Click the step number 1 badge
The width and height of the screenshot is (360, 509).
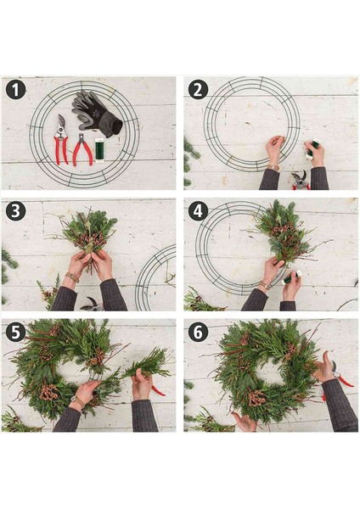click(x=15, y=90)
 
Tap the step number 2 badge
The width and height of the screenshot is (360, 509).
click(x=198, y=90)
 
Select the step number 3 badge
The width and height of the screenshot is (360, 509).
click(x=15, y=211)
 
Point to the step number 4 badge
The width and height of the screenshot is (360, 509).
click(x=198, y=211)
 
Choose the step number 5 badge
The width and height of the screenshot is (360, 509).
click(x=15, y=332)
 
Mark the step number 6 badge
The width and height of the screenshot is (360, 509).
click(x=198, y=332)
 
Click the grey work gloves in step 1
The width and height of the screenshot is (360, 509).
click(x=97, y=114)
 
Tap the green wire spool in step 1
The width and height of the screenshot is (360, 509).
click(x=99, y=149)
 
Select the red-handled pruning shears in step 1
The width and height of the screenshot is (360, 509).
click(x=61, y=140)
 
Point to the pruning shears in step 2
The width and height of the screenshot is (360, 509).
click(x=301, y=181)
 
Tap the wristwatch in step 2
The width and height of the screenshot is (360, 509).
click(x=273, y=167)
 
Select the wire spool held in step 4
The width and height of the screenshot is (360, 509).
click(x=291, y=277)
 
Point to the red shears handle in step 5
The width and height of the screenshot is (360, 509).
click(x=158, y=390)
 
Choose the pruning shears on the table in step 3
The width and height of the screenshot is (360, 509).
click(x=92, y=304)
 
